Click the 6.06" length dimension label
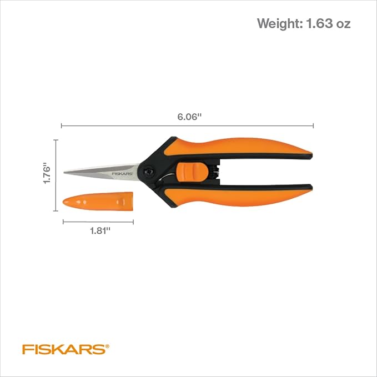[189, 117]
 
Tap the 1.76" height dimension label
[48, 174]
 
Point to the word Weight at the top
[279, 24]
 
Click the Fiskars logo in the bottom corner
[63, 349]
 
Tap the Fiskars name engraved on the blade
[123, 173]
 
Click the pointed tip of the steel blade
[65, 172]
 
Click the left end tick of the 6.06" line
[62, 126]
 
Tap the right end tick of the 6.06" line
[314, 126]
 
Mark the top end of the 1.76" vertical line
[56, 140]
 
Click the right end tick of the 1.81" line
[133, 222]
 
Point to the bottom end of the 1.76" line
[56, 211]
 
